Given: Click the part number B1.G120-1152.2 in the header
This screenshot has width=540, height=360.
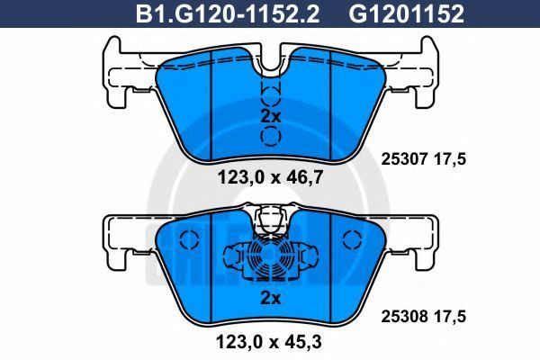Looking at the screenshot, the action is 228,13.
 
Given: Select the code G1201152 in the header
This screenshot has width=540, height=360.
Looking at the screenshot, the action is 407,13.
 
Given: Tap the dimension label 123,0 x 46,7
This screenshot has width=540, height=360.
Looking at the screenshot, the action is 270,178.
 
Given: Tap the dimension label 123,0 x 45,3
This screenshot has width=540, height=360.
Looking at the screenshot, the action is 268,342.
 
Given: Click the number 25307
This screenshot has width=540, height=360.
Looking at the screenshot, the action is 403,159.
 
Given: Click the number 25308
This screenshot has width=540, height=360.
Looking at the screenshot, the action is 403,316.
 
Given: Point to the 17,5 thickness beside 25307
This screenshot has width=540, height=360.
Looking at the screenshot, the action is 451,159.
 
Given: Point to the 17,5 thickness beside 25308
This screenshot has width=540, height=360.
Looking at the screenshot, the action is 451,316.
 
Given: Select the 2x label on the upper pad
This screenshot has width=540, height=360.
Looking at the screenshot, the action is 271,116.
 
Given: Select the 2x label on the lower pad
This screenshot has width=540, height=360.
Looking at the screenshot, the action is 271,298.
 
